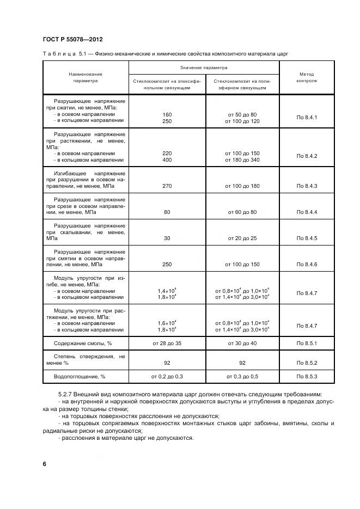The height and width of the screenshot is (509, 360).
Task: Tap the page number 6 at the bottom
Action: click(x=44, y=464)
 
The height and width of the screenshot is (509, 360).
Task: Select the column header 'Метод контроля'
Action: click(x=307, y=77)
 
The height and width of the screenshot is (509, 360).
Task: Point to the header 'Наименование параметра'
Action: click(x=86, y=77)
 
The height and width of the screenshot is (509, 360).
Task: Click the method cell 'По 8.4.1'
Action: click(x=307, y=118)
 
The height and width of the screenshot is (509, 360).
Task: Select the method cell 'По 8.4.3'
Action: click(x=307, y=186)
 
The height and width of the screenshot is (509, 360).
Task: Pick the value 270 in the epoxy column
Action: click(x=167, y=186)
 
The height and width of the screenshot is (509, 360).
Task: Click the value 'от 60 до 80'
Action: click(x=242, y=212)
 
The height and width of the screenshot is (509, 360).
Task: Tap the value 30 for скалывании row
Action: click(x=167, y=238)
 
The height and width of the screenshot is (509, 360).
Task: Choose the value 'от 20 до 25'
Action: click(x=242, y=238)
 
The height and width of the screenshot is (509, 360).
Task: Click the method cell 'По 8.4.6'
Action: click(x=307, y=265)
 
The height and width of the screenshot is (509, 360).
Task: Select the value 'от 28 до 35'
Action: click(x=167, y=344)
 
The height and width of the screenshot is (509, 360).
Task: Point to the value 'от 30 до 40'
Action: click(x=242, y=344)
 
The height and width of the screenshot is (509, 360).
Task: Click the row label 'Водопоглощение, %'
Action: click(x=80, y=376)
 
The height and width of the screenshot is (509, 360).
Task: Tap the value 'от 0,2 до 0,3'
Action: click(x=167, y=376)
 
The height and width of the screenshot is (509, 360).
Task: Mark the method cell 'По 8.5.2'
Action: click(x=307, y=363)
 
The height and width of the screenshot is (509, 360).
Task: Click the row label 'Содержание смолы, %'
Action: click(x=82, y=344)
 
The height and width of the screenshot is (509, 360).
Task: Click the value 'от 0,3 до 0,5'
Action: click(x=242, y=376)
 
